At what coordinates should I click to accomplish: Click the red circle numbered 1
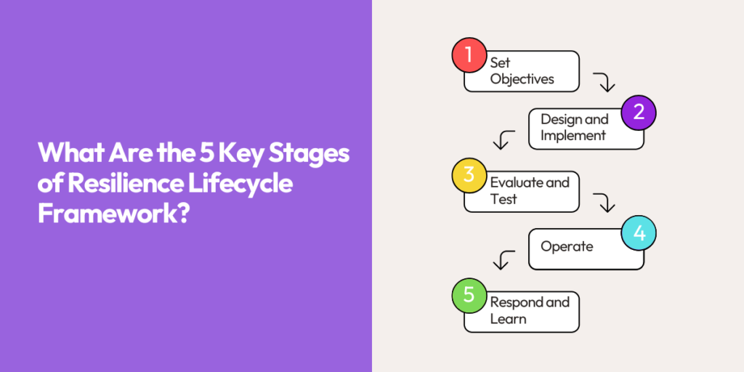(x=469, y=54)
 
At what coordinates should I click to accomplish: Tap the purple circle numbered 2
(x=639, y=113)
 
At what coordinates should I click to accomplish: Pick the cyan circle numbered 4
(x=639, y=233)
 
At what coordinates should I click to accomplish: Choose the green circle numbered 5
(x=469, y=295)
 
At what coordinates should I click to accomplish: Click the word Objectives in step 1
(x=522, y=79)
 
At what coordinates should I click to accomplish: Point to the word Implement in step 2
(x=573, y=136)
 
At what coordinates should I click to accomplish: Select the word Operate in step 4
(x=567, y=246)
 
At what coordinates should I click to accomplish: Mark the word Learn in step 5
(x=508, y=319)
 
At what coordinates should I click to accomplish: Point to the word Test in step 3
(x=504, y=199)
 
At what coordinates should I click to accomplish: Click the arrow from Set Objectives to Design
(x=604, y=81)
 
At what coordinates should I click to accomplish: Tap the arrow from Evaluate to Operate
(x=604, y=202)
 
